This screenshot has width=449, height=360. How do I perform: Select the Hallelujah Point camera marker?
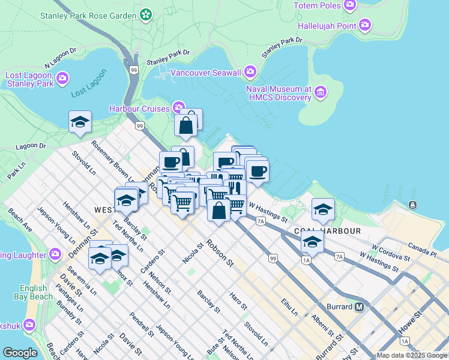point(365,25)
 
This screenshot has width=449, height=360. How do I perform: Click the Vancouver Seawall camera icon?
point(250,73)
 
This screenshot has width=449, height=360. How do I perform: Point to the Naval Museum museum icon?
point(321,92)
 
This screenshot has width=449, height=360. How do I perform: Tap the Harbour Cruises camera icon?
point(178,108)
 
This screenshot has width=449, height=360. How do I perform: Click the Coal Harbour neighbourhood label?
point(327,231)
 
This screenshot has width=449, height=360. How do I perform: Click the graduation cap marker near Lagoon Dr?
point(80,122)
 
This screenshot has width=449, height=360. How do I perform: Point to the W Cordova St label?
point(390,252)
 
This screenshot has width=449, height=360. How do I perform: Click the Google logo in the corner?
point(20,353)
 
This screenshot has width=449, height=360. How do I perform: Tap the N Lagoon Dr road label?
point(58,58)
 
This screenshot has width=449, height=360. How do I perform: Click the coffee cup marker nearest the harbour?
point(258,172)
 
